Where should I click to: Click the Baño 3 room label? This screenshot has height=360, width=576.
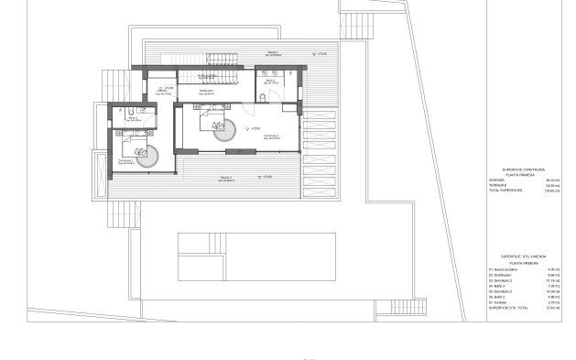(x=270, y=82)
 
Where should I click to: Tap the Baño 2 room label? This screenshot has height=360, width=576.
(x=133, y=118)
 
